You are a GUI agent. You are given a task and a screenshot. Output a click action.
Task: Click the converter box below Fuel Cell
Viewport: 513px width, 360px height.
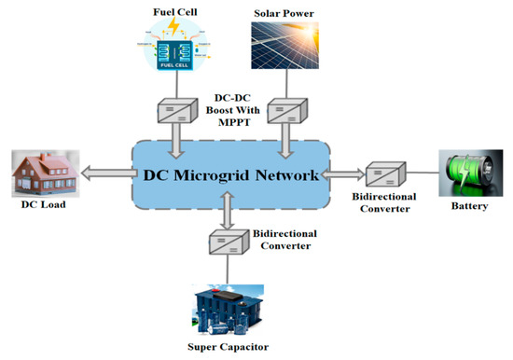(x=173, y=112)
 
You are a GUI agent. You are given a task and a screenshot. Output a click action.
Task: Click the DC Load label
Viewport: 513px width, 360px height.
(x=44, y=214)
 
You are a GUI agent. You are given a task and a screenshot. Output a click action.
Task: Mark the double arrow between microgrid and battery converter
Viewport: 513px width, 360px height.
(x=342, y=173)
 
